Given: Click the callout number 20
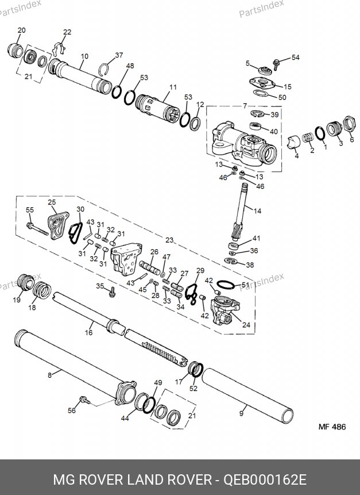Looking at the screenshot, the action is tap(21, 30).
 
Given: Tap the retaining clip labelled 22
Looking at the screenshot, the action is tap(59, 48).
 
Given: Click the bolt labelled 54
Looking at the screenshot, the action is tap(276, 64).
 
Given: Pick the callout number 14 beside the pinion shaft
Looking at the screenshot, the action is tap(257, 211).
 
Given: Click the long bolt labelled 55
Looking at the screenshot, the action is tap(37, 229).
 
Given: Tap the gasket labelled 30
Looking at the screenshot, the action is tap(76, 233).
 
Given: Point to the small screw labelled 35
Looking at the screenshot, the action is tap(111, 292).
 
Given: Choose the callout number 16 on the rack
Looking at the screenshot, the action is tap(88, 332).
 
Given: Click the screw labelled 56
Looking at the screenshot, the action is tap(85, 400).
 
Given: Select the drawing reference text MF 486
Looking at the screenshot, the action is tap(332, 427).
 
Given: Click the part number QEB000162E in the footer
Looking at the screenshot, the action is tap(265, 480).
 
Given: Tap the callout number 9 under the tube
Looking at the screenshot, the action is tap(241, 413).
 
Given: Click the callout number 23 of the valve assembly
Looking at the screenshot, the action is tap(169, 240).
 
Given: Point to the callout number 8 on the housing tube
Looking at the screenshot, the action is tap(49, 376).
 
